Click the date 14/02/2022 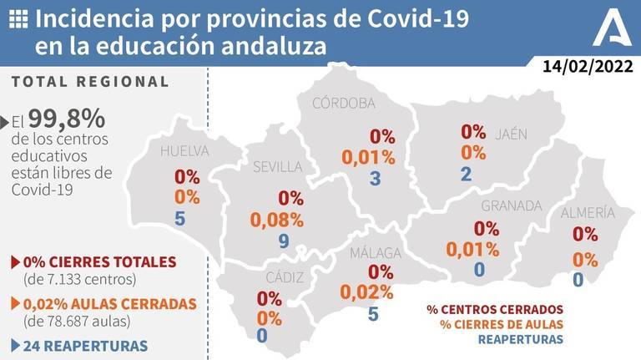[x=587, y=66]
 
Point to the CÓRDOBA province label [x=343, y=103]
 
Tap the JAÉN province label [x=511, y=134]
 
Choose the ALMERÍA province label [x=588, y=212]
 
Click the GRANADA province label [x=512, y=205]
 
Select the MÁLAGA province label [x=375, y=252]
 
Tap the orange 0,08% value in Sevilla [x=276, y=221]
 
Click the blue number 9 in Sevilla [x=285, y=242]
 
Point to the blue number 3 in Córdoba [x=375, y=179]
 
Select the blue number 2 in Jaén [x=466, y=174]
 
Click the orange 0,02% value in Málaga [x=366, y=292]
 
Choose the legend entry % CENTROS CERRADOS [x=495, y=309]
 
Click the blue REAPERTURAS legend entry [x=520, y=339]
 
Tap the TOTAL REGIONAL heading [x=91, y=82]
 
